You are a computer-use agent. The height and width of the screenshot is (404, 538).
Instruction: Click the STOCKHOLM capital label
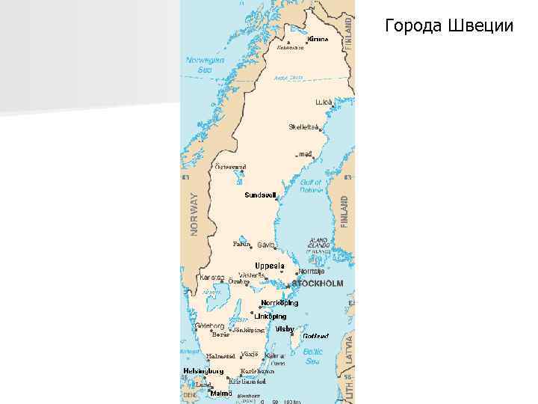coord(318,284)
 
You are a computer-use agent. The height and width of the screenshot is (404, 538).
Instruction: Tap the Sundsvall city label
coord(261,195)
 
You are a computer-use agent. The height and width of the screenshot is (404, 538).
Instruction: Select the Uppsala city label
coord(270,266)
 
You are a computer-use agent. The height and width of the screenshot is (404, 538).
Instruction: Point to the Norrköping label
coord(279,303)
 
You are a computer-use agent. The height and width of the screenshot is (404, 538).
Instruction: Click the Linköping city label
coord(270,316)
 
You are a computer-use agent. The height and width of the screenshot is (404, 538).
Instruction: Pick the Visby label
coord(285,328)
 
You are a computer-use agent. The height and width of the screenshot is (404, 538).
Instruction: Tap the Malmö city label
coord(220,393)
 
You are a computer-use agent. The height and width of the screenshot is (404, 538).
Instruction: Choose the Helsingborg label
coord(203,370)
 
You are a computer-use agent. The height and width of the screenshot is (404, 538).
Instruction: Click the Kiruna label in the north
coord(318,38)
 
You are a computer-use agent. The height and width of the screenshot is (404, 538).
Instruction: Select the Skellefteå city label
coord(303,126)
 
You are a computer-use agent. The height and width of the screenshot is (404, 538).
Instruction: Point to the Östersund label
coord(230,166)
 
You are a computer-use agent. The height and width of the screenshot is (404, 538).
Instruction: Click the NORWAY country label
coord(194,214)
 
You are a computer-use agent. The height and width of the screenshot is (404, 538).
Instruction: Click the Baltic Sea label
coord(312,356)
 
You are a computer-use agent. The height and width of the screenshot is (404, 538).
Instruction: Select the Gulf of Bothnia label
coord(310,186)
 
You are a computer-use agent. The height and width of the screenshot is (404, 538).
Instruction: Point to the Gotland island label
coord(315,337)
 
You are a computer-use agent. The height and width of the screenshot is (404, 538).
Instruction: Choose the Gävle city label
coord(266,245)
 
